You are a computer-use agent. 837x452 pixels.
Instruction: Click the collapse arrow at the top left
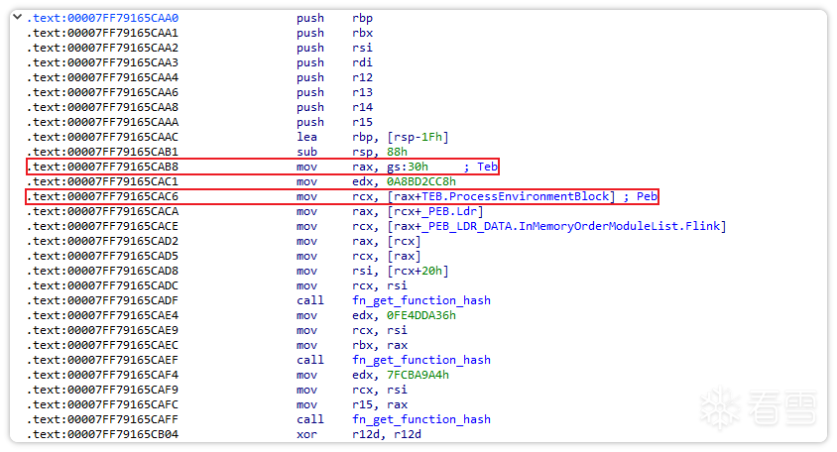(18, 17)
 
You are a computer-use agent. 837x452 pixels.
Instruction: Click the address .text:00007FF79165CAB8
(102, 168)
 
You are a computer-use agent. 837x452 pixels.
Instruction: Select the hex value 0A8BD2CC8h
(421, 182)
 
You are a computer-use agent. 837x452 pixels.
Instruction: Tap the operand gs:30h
(408, 168)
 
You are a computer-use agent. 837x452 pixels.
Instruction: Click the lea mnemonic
(307, 137)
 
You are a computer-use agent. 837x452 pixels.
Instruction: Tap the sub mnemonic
(307, 152)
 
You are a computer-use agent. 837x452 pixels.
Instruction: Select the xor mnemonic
(307, 435)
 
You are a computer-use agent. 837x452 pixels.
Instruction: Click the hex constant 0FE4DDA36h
(421, 316)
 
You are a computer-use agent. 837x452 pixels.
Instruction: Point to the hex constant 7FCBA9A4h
(418, 375)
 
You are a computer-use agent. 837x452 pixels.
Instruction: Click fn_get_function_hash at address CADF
(421, 301)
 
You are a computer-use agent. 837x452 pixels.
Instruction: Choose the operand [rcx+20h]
(418, 271)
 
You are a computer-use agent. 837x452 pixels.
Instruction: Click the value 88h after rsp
(397, 152)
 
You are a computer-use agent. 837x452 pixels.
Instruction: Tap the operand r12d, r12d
(387, 435)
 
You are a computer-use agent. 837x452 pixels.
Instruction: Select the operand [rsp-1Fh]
(418, 137)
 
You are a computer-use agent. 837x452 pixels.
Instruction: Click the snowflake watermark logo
(720, 408)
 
